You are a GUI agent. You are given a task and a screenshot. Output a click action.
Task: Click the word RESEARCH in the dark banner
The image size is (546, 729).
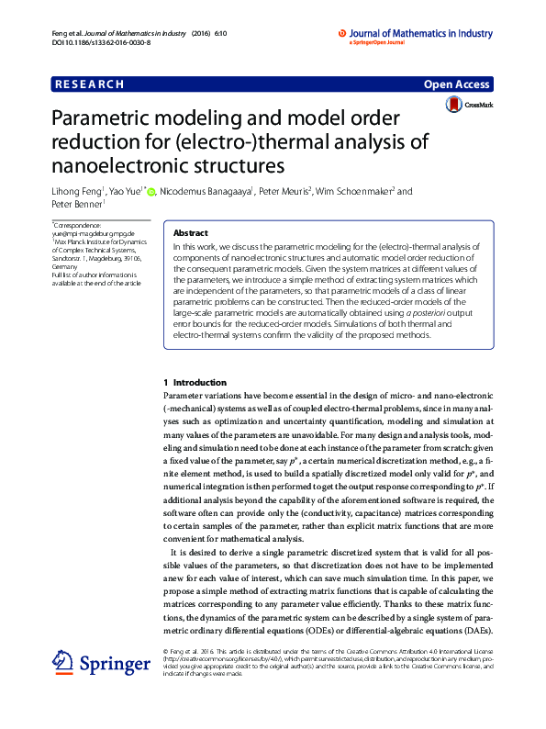(89, 84)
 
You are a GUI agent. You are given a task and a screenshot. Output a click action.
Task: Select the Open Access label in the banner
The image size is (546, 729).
(456, 84)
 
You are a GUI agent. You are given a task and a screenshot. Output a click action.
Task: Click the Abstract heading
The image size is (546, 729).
(191, 233)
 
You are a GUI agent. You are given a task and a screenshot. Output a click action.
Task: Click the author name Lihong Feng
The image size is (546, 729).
(76, 192)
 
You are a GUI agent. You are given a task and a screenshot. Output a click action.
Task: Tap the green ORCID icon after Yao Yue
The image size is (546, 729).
(151, 192)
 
